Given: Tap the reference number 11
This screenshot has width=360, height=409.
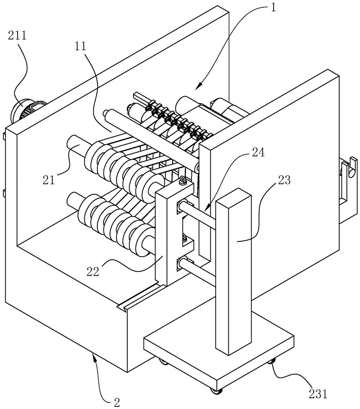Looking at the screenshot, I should point(80,46).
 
